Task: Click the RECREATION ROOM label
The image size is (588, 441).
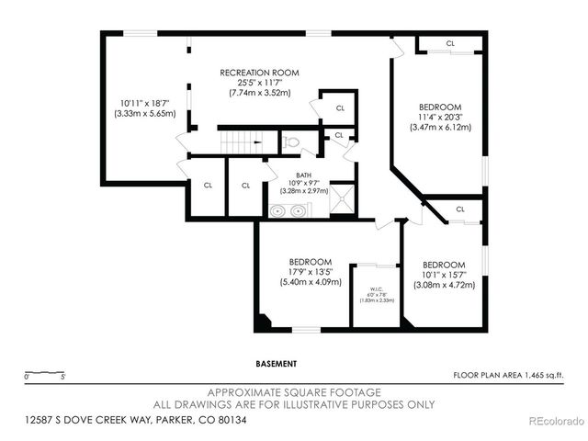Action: point(258,73)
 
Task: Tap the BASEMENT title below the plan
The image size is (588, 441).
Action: point(276,364)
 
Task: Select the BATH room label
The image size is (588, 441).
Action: point(303,175)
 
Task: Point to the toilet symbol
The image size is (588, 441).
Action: point(291,142)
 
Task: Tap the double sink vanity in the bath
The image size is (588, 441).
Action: point(288,210)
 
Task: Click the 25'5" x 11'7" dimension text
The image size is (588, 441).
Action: point(259,83)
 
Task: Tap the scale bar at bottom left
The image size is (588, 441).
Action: point(44,375)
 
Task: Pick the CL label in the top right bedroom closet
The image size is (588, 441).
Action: point(450,43)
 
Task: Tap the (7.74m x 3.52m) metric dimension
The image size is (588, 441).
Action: point(259,93)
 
